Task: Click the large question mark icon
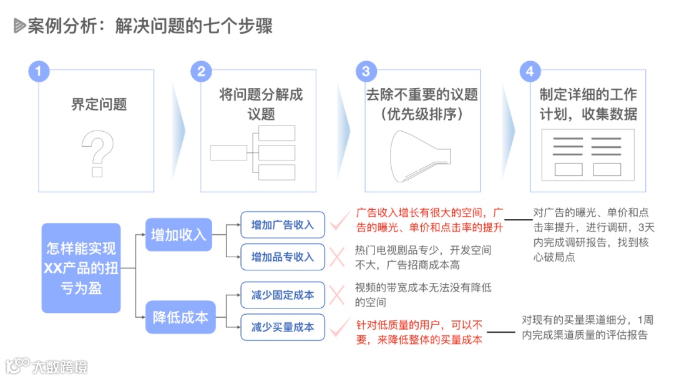(98, 153)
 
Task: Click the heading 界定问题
(99, 104)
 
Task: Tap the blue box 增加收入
(178, 235)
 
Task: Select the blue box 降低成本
(180, 317)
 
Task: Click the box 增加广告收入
(283, 225)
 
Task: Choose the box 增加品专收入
(283, 257)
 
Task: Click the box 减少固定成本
(283, 295)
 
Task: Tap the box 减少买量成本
(283, 327)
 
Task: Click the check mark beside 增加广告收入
(339, 220)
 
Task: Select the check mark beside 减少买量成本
(339, 325)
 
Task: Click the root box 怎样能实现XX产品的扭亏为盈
(81, 268)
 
